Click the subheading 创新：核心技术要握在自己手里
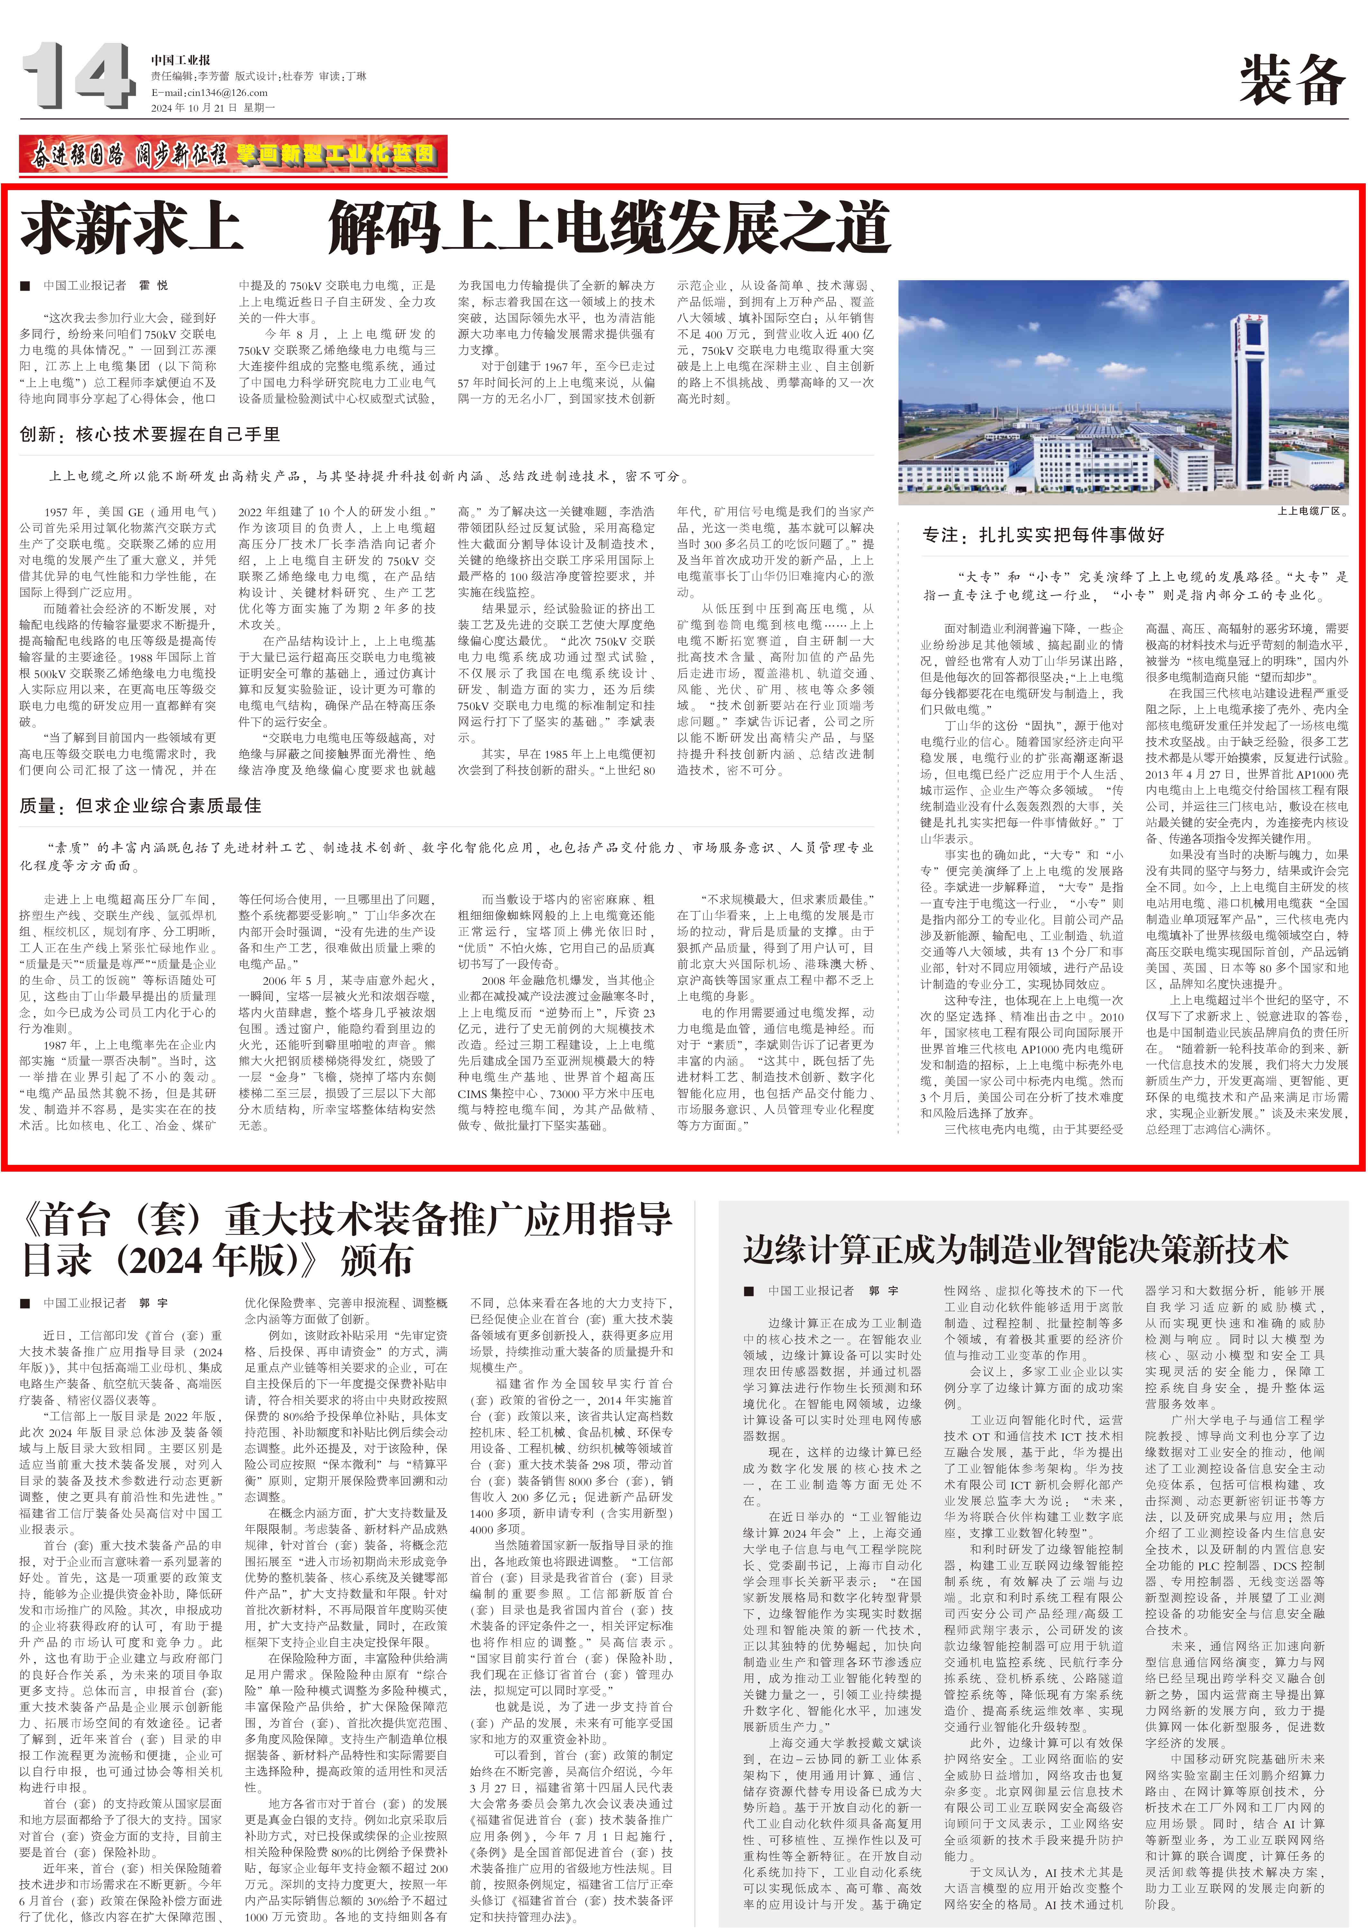coord(150,434)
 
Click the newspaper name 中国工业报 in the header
coord(181,60)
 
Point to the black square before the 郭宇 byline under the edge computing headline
coord(749,1291)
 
